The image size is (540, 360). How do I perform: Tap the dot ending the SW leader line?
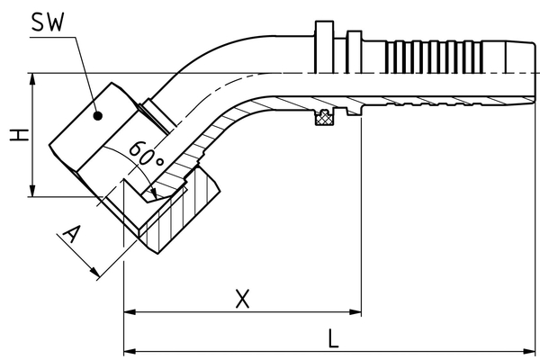pos(100,114)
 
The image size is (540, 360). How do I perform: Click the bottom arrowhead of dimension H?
pos(33,192)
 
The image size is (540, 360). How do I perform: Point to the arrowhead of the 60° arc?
pos(156,193)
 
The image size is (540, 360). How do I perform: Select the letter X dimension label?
pos(241,298)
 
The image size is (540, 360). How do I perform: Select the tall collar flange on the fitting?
pos(325,45)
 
